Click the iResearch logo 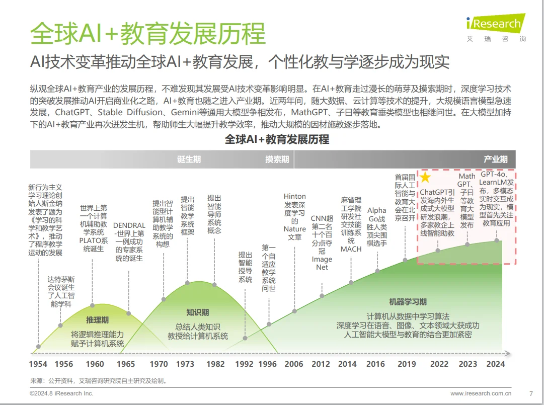[x=496, y=24]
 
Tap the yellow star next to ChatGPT [x=426, y=178]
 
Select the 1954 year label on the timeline [x=38, y=364]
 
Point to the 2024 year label [x=495, y=364]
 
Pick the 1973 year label [x=186, y=364]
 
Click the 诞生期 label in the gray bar [x=189, y=159]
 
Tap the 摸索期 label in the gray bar [x=277, y=159]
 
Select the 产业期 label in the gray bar [x=495, y=159]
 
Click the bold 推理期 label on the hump [x=97, y=320]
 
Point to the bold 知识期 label [x=197, y=312]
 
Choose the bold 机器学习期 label [x=408, y=302]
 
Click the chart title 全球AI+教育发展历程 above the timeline [x=277, y=139]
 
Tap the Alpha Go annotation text [x=377, y=226]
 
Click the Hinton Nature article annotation [x=295, y=216]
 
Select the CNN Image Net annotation [x=322, y=242]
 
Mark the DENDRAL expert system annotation [x=129, y=242]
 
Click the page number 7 [x=531, y=393]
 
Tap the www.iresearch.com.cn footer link [x=481, y=393]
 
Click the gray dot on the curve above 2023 [x=468, y=244]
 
